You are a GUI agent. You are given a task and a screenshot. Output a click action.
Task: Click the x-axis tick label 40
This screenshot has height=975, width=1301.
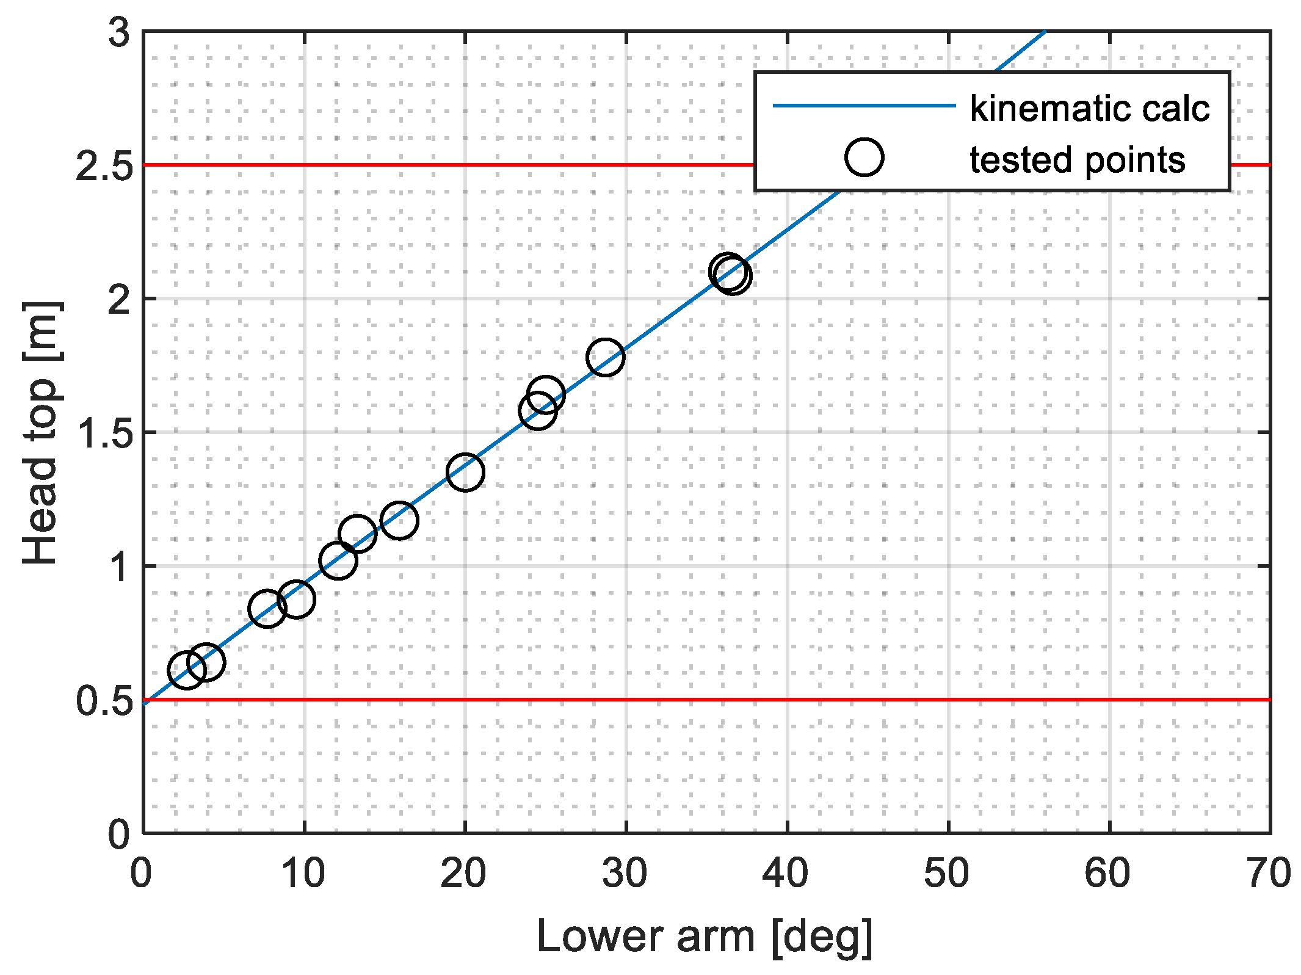click(785, 874)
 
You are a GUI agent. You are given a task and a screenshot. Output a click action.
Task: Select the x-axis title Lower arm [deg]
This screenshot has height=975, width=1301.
click(705, 937)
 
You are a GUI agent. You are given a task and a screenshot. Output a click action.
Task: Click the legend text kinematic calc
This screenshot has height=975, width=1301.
click(1089, 109)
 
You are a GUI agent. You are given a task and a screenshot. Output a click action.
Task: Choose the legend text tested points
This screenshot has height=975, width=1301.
click(1077, 160)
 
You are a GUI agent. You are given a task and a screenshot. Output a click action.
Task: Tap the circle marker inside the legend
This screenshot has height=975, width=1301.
click(864, 158)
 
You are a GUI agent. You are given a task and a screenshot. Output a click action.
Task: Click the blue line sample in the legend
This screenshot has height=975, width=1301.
click(864, 106)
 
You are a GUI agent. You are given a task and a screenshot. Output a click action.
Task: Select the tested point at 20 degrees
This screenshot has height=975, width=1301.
click(465, 473)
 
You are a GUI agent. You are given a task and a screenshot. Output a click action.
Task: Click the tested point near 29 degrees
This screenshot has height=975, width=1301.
click(605, 357)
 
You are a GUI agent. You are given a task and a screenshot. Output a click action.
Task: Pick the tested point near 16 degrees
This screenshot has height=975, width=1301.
click(399, 521)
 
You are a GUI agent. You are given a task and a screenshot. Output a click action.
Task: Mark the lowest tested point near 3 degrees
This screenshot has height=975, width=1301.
click(186, 670)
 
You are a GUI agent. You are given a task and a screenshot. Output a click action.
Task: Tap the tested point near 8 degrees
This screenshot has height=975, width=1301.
click(267, 608)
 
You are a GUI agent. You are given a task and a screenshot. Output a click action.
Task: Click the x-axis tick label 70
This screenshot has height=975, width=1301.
click(1269, 874)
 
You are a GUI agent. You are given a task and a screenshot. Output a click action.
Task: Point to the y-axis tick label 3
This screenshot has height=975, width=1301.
click(119, 32)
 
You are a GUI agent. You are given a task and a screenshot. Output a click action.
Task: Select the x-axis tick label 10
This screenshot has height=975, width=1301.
click(303, 874)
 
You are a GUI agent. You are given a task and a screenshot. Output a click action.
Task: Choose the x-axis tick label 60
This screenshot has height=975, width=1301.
click(1107, 874)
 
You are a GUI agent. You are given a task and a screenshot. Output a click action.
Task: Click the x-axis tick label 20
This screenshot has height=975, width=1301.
click(463, 874)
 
